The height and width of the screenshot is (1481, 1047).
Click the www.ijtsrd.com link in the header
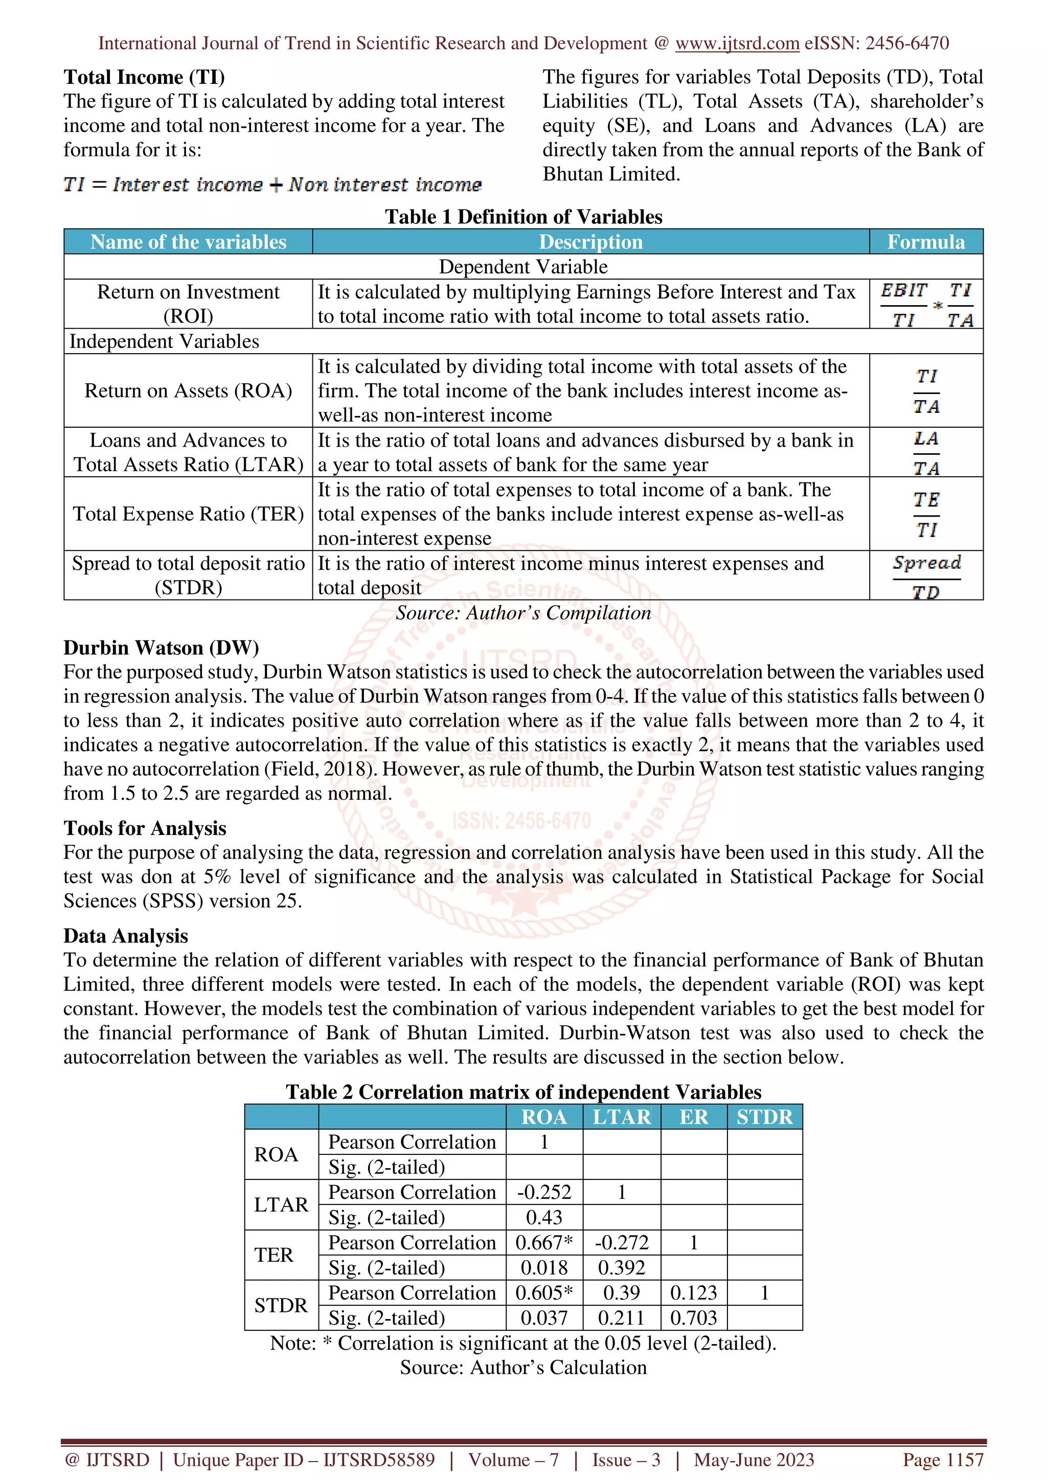coord(737,43)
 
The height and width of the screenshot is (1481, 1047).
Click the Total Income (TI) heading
coord(144,77)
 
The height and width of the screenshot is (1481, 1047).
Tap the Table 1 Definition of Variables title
coord(523,216)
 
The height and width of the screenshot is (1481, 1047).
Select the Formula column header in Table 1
coord(925,241)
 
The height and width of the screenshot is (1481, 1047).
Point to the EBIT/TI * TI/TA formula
coord(926,304)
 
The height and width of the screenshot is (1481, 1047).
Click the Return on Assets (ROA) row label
coord(188,390)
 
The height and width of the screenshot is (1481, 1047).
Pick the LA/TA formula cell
coord(926,452)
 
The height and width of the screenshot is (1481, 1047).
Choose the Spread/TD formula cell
coord(926,575)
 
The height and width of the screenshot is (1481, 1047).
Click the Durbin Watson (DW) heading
coord(161,647)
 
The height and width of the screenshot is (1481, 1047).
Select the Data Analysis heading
coord(125,935)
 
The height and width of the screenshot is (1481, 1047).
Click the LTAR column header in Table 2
coord(621,1117)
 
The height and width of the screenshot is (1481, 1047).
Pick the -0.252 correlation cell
coord(544,1192)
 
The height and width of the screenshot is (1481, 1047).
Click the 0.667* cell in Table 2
coord(544,1242)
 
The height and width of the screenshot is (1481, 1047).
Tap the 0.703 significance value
coord(694,1318)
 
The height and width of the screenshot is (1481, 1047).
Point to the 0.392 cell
coord(621,1267)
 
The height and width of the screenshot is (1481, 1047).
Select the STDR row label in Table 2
coord(281,1305)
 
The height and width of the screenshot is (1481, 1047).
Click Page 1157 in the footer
coord(943,1459)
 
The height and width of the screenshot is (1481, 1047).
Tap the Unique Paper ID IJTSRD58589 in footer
coord(303,1459)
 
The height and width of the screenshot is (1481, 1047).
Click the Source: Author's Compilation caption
coord(523,613)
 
